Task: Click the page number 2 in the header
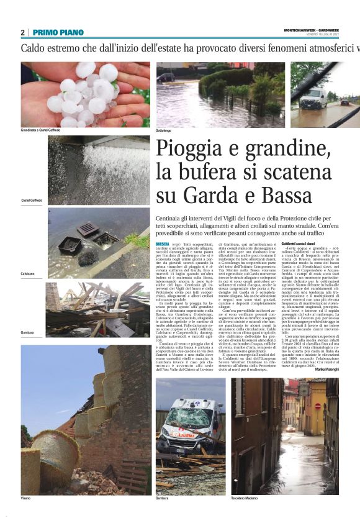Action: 23,32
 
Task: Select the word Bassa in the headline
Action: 281,196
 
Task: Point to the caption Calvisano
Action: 28,273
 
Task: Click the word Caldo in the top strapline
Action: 36,48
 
